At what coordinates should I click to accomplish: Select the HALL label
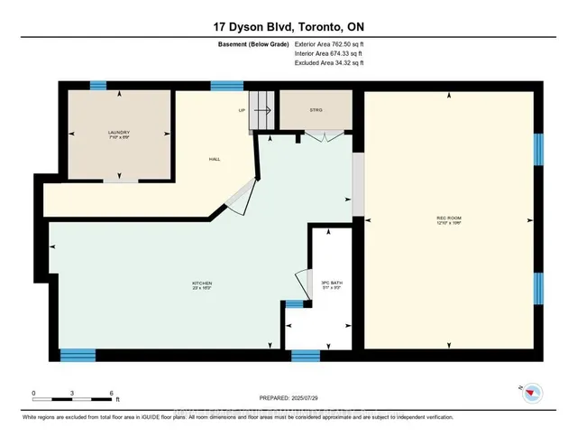point(215,160)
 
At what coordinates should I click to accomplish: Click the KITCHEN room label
point(201,284)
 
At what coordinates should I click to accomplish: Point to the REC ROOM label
point(448,218)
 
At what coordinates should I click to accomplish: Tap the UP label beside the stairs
point(242,111)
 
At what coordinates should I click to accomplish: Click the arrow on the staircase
point(262,111)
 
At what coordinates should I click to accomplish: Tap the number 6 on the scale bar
point(111,394)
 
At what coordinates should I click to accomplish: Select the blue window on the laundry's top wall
point(97,86)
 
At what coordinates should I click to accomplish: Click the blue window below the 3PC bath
point(305,356)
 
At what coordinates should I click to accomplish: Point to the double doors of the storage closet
point(322,135)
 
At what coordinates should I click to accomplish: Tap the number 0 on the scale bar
point(33,394)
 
